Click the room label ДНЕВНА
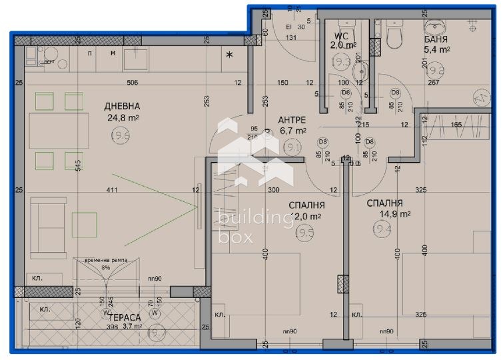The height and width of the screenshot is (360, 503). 122,106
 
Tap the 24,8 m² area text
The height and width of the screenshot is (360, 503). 122,119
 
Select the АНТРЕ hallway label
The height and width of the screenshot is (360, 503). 292,119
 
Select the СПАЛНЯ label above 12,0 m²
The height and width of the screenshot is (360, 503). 306,205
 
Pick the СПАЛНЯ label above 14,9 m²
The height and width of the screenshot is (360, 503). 384,203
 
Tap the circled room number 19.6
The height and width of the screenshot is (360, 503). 121,135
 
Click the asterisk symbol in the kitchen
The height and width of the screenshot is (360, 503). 230,55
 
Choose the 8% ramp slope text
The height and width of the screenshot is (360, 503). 105,267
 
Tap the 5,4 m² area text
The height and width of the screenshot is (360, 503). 438,49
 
